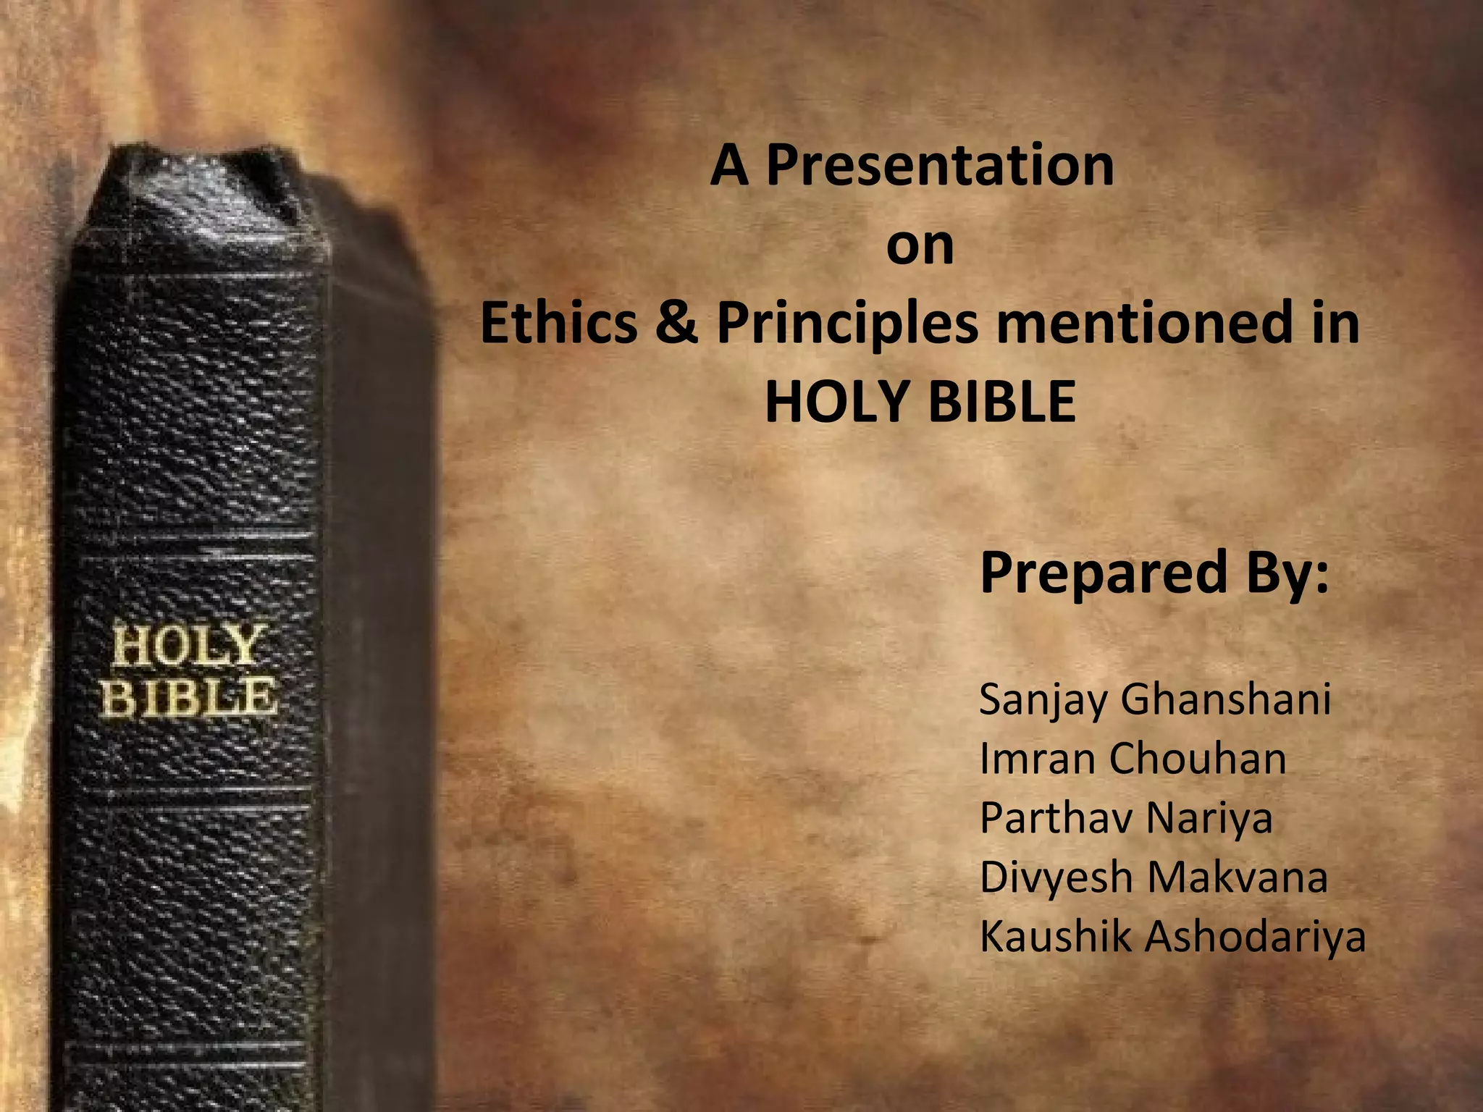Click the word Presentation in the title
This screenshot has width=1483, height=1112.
(940, 167)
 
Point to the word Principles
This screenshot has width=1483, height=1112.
(847, 324)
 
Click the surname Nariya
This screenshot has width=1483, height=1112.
(1209, 818)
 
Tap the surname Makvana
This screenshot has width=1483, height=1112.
(1238, 877)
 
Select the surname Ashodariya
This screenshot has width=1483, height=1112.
(1255, 936)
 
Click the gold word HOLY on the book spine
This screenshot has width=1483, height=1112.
(186, 646)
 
